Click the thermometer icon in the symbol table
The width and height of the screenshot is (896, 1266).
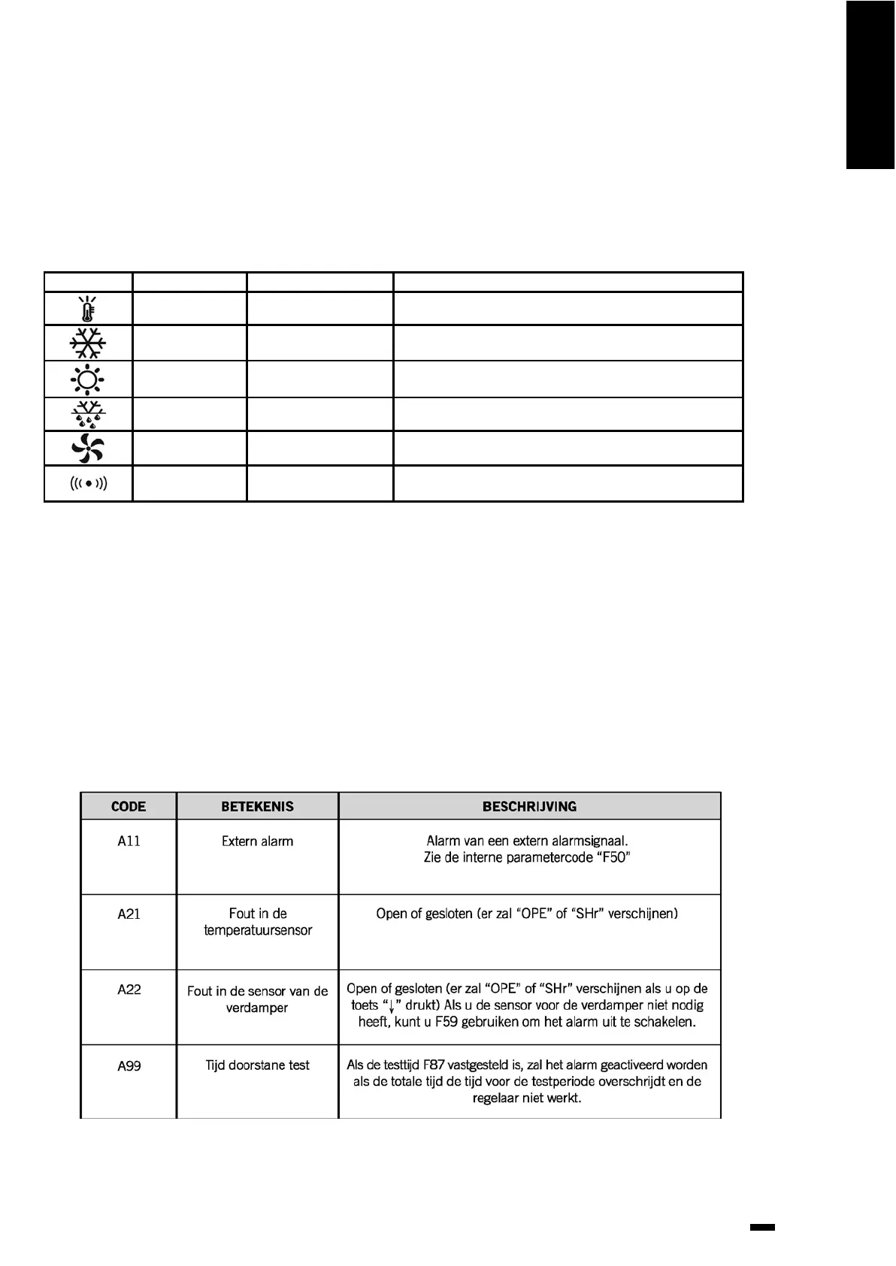(x=88, y=309)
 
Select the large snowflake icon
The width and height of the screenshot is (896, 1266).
(x=88, y=343)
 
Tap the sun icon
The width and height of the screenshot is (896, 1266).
(x=87, y=379)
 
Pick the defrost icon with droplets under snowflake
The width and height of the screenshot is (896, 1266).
(x=88, y=414)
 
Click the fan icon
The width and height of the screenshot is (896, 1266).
(x=87, y=449)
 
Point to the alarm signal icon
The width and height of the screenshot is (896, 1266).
(x=88, y=483)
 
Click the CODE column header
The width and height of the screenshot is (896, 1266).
(x=129, y=806)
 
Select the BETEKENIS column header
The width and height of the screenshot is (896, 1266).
(x=257, y=806)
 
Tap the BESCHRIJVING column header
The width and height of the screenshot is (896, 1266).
(x=529, y=806)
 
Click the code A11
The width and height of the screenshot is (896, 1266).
(x=129, y=841)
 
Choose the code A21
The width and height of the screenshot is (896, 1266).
(x=129, y=914)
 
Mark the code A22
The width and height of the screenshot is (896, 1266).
(x=129, y=990)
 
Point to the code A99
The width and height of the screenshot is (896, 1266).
(x=129, y=1065)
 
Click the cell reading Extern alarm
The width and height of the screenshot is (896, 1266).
(x=257, y=841)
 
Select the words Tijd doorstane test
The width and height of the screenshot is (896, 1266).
(x=257, y=1065)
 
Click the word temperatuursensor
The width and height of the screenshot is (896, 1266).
(x=257, y=931)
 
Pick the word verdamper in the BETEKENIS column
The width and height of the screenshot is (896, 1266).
(x=257, y=1008)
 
